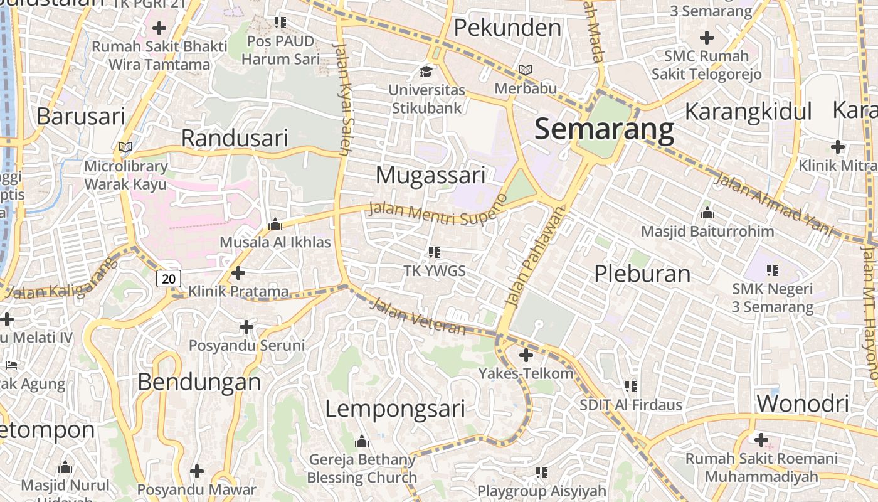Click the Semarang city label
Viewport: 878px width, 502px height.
click(604, 129)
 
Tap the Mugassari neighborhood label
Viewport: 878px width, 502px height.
click(430, 175)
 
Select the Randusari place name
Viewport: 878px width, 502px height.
click(235, 138)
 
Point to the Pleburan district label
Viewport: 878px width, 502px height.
click(642, 274)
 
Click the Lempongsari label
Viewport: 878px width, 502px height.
click(395, 409)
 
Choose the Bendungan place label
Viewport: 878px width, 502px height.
click(199, 382)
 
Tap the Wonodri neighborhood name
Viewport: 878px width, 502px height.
click(803, 403)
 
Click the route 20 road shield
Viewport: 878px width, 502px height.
click(169, 278)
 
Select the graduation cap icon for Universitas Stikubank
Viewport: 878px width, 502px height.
click(426, 70)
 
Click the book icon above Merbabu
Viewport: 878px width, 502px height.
click(526, 70)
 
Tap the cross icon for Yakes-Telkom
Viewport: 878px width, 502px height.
click(526, 356)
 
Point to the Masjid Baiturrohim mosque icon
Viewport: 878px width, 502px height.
click(707, 213)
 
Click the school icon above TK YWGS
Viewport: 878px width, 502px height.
click(434, 252)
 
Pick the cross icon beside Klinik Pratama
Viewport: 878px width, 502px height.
click(238, 273)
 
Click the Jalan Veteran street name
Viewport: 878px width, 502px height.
click(418, 318)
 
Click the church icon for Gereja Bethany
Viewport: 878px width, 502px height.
click(361, 442)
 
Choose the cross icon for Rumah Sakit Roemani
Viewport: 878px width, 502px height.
click(761, 440)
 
